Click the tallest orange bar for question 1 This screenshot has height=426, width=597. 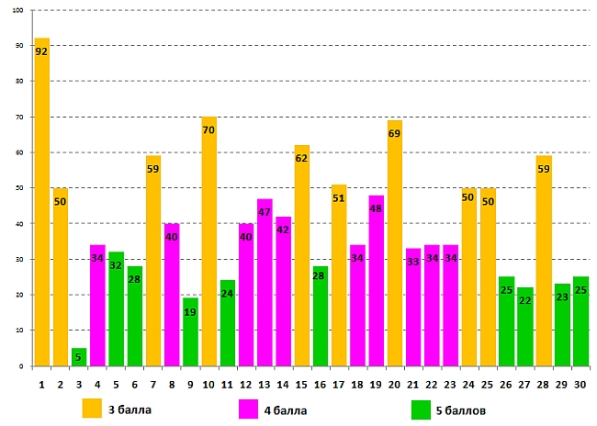click(x=41, y=202)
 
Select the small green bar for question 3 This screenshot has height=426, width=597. click(x=79, y=357)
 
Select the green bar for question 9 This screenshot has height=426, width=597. click(x=190, y=331)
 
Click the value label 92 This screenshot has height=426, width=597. click(x=41, y=51)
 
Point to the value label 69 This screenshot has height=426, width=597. click(x=395, y=134)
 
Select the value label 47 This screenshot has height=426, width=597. click(x=265, y=212)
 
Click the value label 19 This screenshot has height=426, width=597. click(x=190, y=312)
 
